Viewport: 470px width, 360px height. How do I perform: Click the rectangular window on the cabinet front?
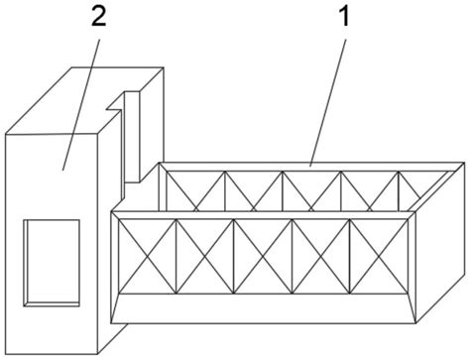tap(51, 260)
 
